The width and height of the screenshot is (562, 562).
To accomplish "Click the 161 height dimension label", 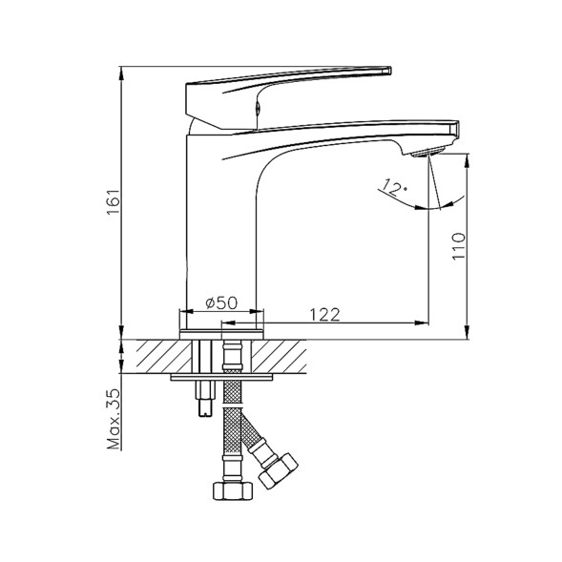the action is coord(114,201).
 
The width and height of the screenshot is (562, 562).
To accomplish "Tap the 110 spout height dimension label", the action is coord(458,246).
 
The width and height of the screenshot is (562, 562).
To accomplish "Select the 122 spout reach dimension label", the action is coord(324,315).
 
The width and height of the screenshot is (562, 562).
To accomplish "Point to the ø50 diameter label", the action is coord(221,302).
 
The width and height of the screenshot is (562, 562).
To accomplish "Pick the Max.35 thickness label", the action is coord(114,419).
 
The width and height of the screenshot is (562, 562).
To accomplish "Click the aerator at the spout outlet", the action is coord(428,153).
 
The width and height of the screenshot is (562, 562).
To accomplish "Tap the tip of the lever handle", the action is coord(390,71).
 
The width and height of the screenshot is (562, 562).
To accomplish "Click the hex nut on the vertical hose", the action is coord(233,490).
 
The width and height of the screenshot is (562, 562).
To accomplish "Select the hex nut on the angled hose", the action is coord(279,471).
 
